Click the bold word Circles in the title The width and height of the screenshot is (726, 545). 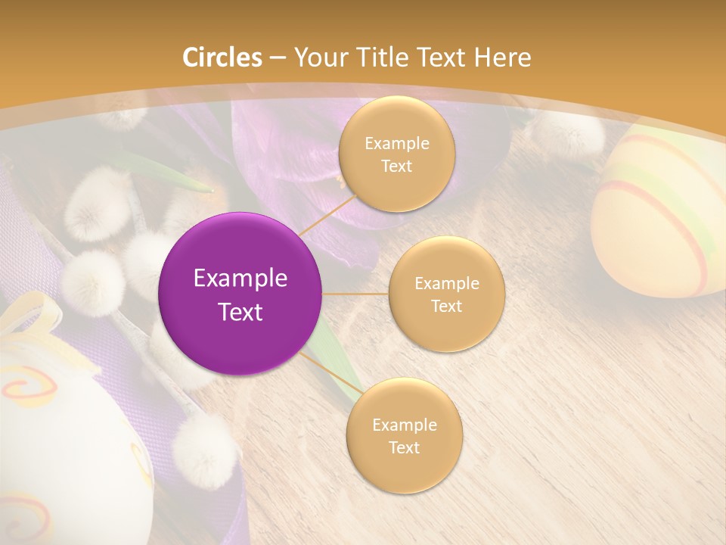222,58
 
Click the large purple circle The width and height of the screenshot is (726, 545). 240,294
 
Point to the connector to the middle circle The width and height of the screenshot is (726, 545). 355,294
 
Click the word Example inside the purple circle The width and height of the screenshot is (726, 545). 240,279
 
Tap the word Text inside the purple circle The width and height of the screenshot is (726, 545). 240,312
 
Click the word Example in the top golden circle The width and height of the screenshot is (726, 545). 396,144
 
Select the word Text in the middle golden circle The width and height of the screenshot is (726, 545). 446,307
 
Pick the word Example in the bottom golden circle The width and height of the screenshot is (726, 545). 404,425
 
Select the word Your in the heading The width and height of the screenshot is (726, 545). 318,58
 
